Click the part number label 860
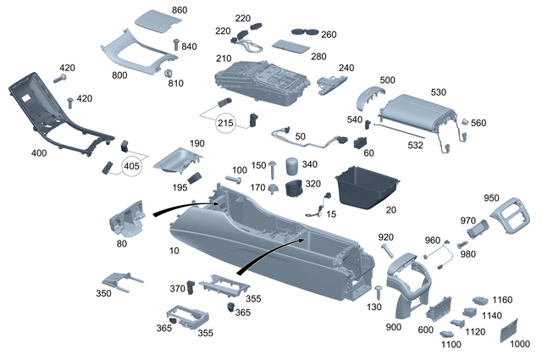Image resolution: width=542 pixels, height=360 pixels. [x=179, y=9]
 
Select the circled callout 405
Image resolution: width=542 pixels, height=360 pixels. [x=133, y=166]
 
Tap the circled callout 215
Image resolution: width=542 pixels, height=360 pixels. [x=225, y=124]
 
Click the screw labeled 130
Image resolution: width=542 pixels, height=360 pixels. [x=378, y=293]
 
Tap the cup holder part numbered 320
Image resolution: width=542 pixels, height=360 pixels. [x=295, y=186]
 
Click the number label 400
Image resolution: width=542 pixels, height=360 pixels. [x=39, y=153]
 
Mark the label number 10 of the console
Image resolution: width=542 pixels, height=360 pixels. [x=174, y=252]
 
